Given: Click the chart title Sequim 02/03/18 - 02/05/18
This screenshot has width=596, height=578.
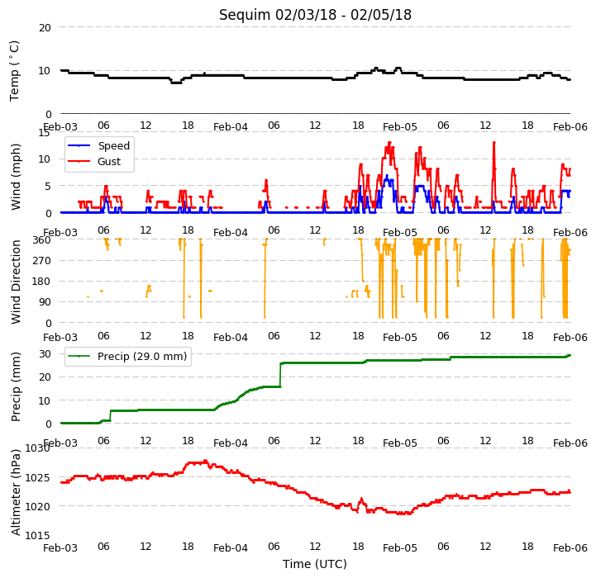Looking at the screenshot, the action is (315, 15).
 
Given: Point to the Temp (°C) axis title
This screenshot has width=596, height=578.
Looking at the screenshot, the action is (14, 71).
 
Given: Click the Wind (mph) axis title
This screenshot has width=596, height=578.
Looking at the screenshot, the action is (16, 177).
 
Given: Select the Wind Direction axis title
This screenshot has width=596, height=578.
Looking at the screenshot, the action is (16, 282).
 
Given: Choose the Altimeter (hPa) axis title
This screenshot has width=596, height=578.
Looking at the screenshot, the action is (16, 493).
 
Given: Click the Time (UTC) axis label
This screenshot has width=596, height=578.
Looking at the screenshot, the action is (315, 564).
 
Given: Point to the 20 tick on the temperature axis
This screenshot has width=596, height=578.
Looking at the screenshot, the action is (45, 28).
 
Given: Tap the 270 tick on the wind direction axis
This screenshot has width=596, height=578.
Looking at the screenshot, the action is (42, 261).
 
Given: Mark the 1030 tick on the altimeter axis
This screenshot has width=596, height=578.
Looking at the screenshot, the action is (37, 448).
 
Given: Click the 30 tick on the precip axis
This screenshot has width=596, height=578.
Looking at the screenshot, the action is (45, 354).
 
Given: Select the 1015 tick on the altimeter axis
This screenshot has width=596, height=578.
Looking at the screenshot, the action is (37, 535).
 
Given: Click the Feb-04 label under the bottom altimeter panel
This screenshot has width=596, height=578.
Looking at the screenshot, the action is (231, 548).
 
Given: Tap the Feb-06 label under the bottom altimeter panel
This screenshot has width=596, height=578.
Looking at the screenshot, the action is (570, 548).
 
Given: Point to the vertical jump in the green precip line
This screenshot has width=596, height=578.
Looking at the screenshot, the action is (280, 375).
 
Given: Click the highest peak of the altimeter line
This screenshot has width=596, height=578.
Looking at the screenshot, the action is (206, 461).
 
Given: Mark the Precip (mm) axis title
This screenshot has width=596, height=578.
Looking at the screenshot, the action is (16, 387).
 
